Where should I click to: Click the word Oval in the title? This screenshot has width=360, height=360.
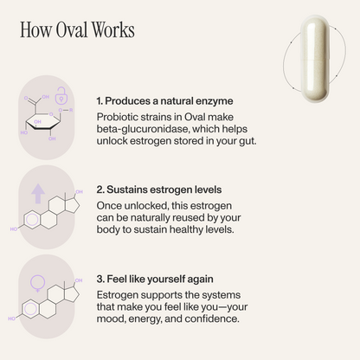72,29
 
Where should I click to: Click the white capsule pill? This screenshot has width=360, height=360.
315,59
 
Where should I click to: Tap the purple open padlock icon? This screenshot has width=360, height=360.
61,95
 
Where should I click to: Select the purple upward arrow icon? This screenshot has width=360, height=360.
38,194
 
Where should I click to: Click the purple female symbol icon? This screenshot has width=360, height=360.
38,284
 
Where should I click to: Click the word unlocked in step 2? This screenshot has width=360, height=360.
146,206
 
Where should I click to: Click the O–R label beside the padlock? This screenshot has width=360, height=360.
66,110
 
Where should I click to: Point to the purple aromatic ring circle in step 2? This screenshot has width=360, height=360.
32,220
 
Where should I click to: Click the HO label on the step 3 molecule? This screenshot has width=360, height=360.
12,318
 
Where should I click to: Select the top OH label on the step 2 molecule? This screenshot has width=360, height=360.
79,192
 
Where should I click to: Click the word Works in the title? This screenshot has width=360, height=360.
113,29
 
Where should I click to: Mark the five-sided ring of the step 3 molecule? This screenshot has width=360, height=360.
72,294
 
